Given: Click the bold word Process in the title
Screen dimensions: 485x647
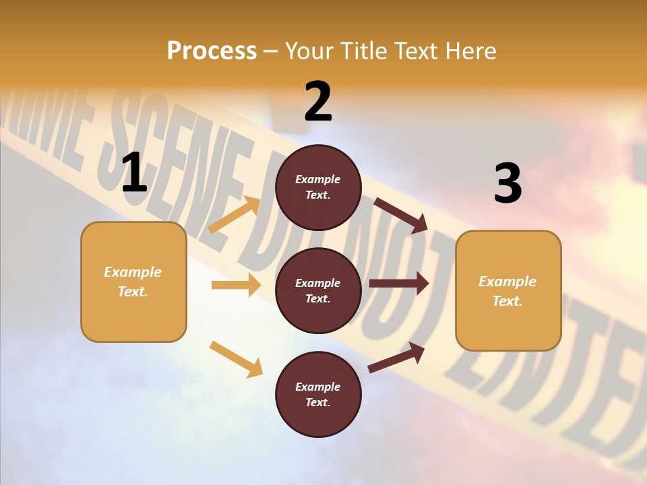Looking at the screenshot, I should (212, 51).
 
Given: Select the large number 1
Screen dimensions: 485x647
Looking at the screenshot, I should (134, 173).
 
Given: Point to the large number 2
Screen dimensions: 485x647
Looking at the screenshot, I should (318, 102).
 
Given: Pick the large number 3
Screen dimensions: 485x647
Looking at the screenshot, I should (507, 183).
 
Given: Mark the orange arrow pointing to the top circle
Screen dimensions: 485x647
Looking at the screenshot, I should (235, 215).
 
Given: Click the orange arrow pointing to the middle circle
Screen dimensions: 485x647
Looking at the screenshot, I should (236, 285).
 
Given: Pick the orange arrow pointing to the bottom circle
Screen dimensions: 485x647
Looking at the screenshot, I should (236, 359).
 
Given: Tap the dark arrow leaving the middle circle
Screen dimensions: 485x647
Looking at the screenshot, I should (398, 284).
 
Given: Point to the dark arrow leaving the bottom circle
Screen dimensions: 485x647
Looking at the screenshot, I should (396, 357).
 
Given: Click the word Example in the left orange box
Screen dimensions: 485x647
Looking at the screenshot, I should (133, 272).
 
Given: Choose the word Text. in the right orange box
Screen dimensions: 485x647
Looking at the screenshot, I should (507, 301).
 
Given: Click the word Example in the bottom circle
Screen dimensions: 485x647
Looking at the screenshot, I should (318, 387).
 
